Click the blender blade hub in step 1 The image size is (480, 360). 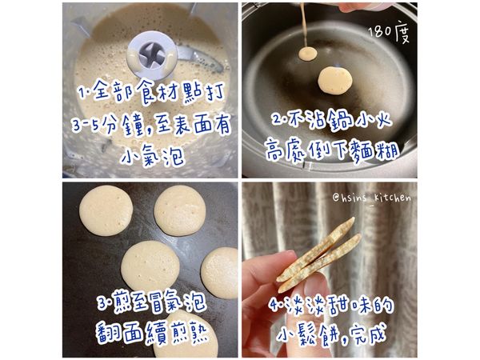pos(152,56)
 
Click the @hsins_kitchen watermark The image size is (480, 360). pos(372,198)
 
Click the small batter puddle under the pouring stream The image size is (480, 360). pos(308,54)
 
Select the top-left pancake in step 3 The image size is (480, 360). pos(106,210)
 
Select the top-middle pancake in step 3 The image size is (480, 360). pos(180,210)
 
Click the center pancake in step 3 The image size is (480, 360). pos(150,266)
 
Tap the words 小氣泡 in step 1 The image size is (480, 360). pos(153,157)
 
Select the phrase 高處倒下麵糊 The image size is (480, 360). pos(332,150)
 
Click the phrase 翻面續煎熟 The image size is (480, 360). pos(152,333)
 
